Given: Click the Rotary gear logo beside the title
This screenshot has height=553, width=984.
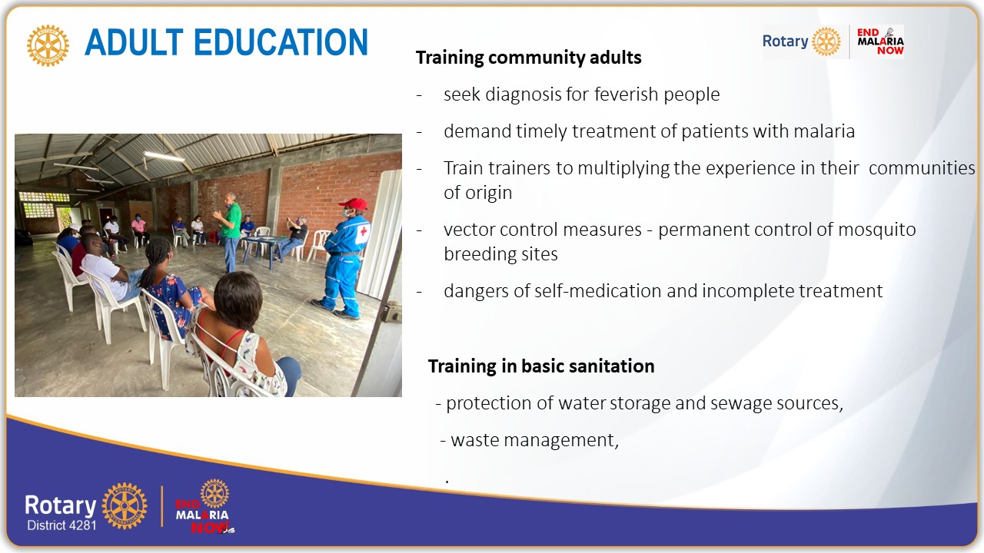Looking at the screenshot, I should coord(48,45).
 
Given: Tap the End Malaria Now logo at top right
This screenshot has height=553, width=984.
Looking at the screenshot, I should coord(880,41).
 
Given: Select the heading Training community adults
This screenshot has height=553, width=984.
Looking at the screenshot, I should coord(528,58).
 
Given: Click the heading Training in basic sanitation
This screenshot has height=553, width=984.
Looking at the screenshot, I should coord(540,366).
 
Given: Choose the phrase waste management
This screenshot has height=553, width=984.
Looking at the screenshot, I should coord(534,440).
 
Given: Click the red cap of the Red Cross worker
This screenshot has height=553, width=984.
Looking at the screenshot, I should coord(354,204).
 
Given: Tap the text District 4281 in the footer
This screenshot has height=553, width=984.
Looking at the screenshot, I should coord(61,525).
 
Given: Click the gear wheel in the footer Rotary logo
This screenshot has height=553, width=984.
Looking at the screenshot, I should coord(125,506).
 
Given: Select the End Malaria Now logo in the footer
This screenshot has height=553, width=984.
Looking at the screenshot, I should coord(204,508).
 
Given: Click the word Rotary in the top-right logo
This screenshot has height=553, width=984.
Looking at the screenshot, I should coord(784,41).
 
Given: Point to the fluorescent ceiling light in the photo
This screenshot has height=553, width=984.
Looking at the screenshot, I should coord(164,156).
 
